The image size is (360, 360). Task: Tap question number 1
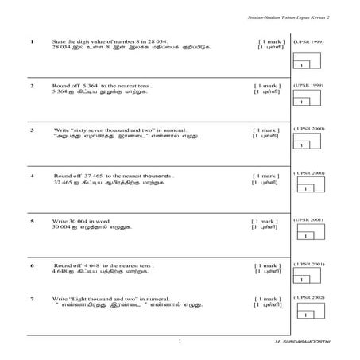[30, 41]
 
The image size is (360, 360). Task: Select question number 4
[31, 175]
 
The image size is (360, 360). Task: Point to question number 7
[31, 299]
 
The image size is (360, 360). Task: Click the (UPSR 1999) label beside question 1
[308, 40]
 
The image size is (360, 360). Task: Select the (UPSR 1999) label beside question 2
[308, 84]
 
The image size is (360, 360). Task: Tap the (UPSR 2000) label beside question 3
[308, 128]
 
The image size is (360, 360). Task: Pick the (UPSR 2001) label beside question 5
[308, 219]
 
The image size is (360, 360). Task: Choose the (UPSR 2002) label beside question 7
[308, 297]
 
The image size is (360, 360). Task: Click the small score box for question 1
[303, 64]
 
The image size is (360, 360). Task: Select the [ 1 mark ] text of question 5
[265, 220]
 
